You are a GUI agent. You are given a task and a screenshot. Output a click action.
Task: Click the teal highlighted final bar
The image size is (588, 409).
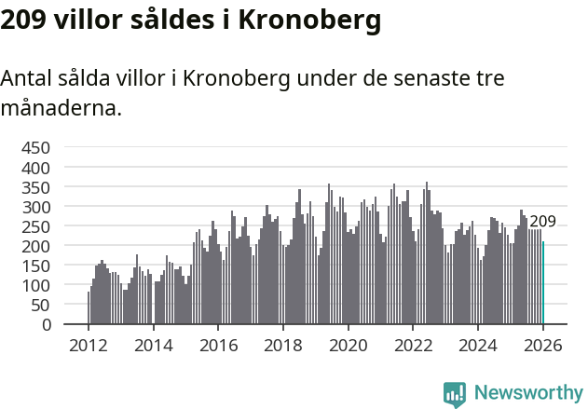543,283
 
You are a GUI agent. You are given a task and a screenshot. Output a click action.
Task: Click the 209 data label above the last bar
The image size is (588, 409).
542,222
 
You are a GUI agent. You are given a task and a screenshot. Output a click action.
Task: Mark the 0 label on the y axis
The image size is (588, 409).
46,325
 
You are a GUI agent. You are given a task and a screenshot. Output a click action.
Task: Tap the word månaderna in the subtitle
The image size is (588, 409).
61,108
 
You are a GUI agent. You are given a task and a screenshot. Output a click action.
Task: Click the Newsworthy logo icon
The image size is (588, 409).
455,394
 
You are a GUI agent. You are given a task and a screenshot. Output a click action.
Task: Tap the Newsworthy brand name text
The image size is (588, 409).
527,393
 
